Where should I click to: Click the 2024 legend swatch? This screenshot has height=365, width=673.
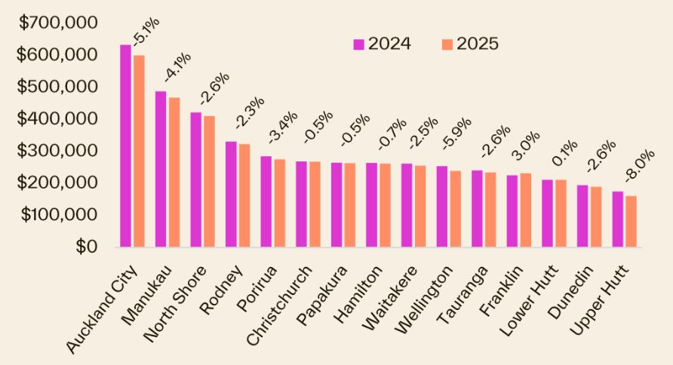coord(359,44)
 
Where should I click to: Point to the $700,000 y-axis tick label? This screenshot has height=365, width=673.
coord(59,23)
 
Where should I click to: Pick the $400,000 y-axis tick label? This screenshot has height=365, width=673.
coord(59,118)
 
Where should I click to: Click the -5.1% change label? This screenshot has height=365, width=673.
coord(146,32)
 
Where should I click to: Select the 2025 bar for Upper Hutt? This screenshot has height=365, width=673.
coord(631,221)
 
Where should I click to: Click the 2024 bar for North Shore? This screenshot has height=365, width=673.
coord(195,179)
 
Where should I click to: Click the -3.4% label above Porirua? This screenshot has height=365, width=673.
coord(284,128)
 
